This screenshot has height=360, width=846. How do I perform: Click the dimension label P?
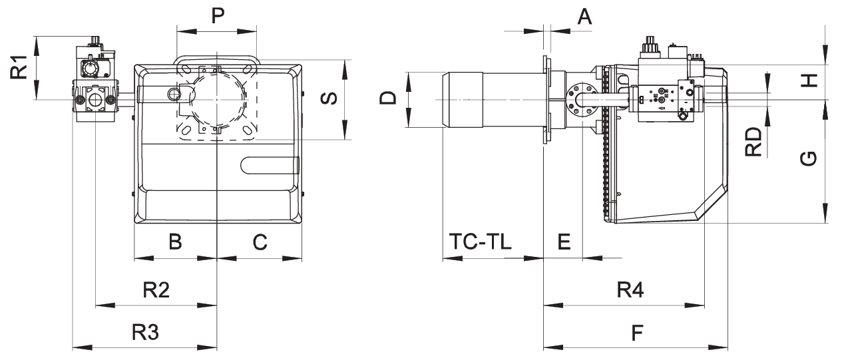point(218,16)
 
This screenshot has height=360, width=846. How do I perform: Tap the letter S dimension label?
point(328,99)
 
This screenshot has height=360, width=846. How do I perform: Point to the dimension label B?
point(175,242)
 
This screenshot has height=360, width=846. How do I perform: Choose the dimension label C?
point(260,242)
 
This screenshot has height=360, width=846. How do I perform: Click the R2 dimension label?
point(156,290)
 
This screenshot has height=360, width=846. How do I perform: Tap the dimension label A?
point(584,16)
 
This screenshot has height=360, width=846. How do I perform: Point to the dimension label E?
point(564,242)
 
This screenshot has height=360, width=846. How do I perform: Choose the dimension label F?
point(638,331)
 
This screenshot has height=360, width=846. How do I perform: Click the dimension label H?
point(808,81)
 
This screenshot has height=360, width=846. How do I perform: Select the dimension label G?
point(807,158)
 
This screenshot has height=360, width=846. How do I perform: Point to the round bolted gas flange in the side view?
point(576,99)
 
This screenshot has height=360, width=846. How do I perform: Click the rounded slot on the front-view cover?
point(270,164)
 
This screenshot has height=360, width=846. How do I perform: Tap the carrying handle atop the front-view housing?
point(216,61)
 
